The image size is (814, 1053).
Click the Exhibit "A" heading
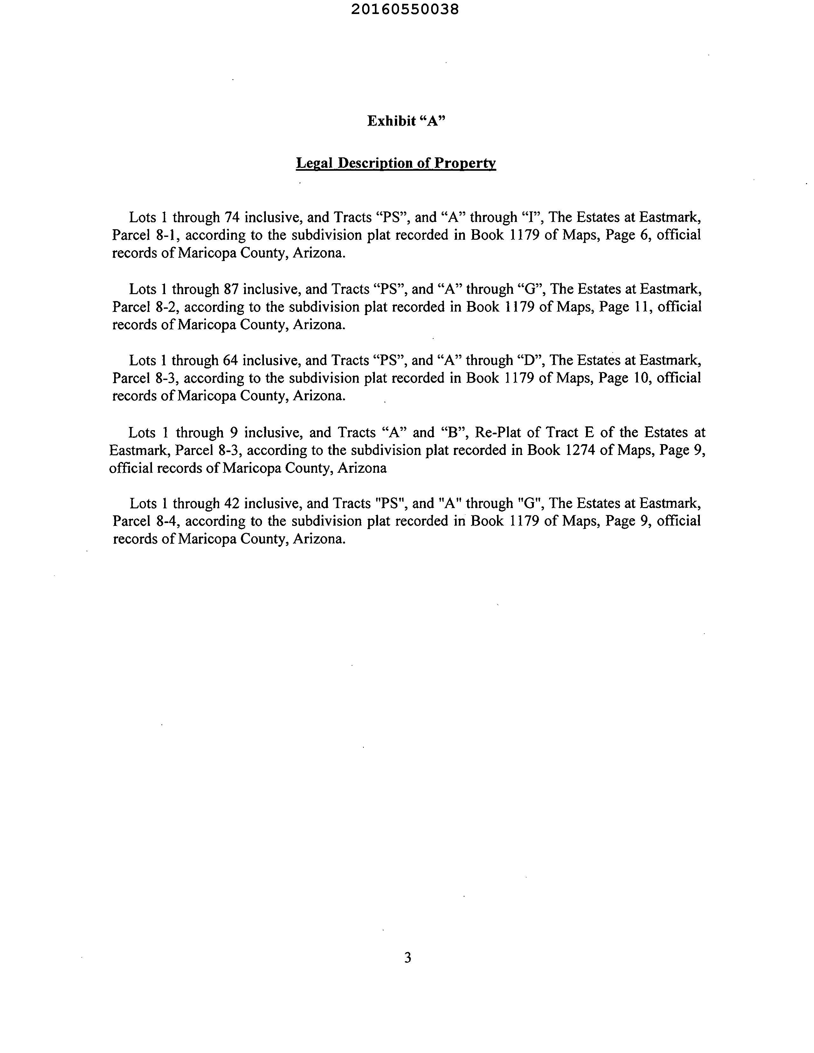tap(406, 121)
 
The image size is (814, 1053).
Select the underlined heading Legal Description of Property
tap(396, 163)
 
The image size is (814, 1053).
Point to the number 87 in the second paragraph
tap(231, 289)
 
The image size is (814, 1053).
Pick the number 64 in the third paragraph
tap(231, 361)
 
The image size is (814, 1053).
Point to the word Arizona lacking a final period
tap(362, 468)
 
